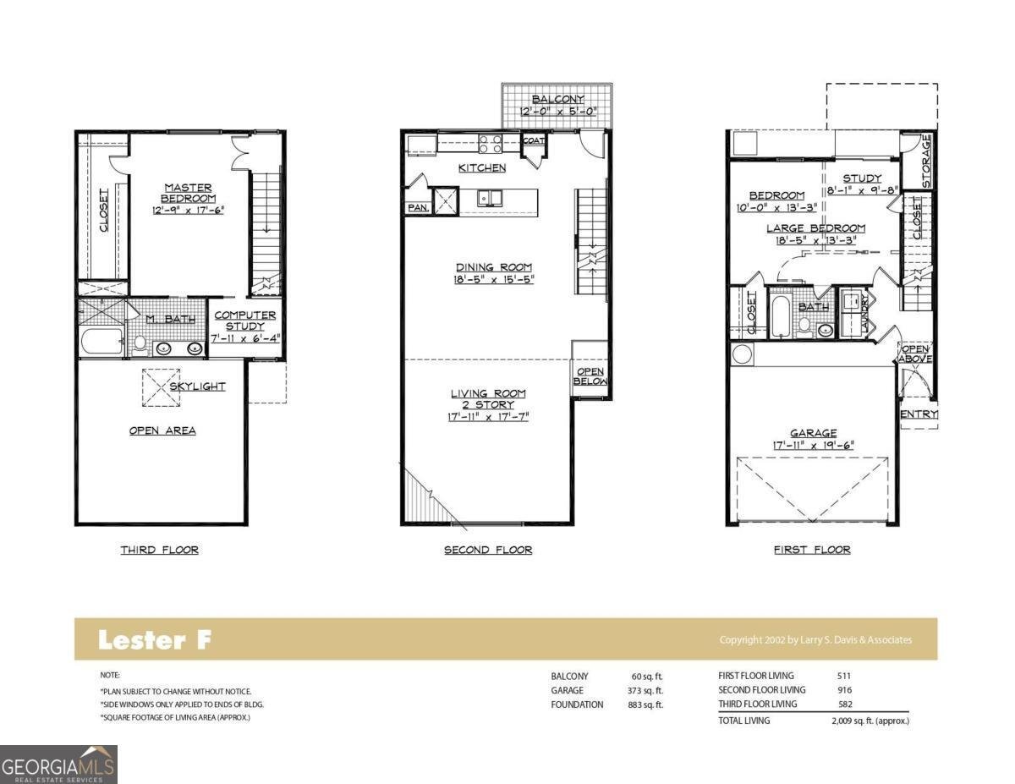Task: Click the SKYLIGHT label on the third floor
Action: pyautogui.click(x=197, y=387)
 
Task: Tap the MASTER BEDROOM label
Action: pyautogui.click(x=189, y=193)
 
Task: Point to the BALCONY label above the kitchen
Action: pyautogui.click(x=557, y=100)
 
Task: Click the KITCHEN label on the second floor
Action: pyautogui.click(x=482, y=168)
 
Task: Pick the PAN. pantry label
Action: pyautogui.click(x=418, y=207)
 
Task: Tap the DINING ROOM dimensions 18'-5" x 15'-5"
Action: pyautogui.click(x=494, y=279)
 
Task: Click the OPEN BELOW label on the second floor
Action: pyautogui.click(x=590, y=376)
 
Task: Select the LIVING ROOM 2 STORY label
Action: pyautogui.click(x=488, y=399)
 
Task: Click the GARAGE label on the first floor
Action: pyautogui.click(x=813, y=433)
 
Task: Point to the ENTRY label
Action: pyautogui.click(x=919, y=414)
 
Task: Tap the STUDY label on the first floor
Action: pyautogui.click(x=862, y=178)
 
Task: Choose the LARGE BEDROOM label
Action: pyautogui.click(x=815, y=228)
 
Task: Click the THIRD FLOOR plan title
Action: pyautogui.click(x=159, y=550)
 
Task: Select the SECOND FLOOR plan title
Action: pyautogui.click(x=488, y=550)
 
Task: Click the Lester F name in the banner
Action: pyautogui.click(x=154, y=640)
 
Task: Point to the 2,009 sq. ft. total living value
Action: pyautogui.click(x=870, y=721)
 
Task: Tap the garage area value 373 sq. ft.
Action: pyautogui.click(x=647, y=690)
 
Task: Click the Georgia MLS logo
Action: pyautogui.click(x=58, y=765)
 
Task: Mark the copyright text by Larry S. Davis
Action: pyautogui.click(x=815, y=640)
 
